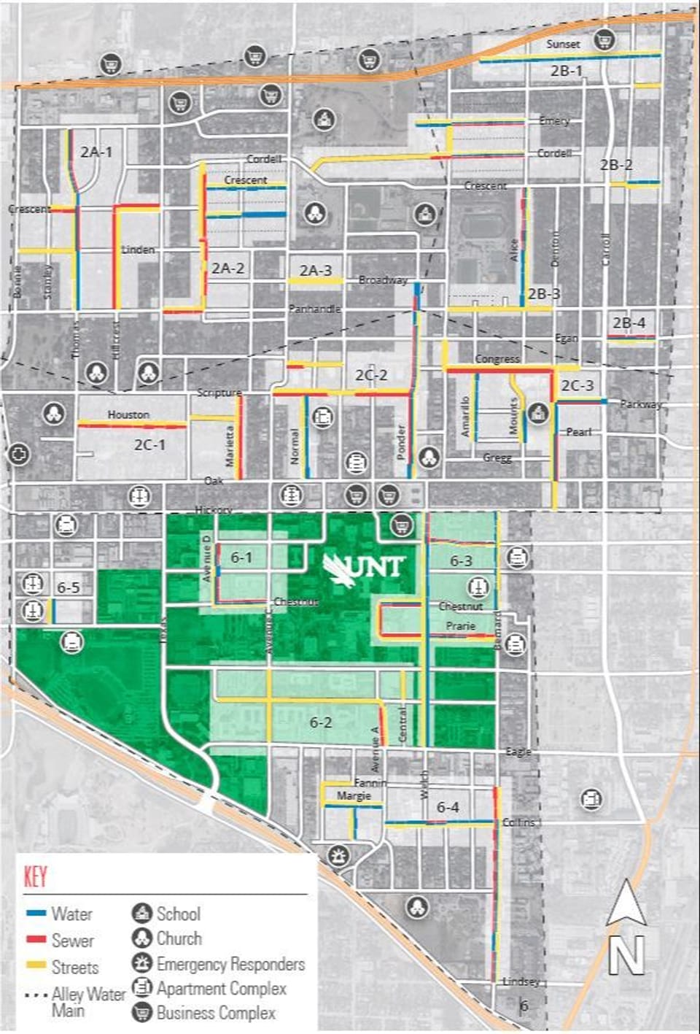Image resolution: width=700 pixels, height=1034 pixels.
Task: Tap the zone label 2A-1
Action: coord(96,152)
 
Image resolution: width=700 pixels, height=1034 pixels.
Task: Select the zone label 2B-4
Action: coord(629,323)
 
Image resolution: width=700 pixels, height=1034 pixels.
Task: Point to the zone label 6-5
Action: coord(68,587)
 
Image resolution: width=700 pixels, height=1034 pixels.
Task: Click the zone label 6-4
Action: coord(448,807)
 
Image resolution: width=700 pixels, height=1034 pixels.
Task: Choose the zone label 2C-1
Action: coord(149,444)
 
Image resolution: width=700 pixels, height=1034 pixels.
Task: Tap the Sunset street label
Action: coord(563,45)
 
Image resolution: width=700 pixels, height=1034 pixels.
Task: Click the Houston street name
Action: coord(128,414)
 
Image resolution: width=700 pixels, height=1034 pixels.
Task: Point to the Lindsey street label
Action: coord(521,981)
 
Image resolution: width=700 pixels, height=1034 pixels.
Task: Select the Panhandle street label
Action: coord(314,309)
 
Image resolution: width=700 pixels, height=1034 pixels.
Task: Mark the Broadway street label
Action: coord(383,280)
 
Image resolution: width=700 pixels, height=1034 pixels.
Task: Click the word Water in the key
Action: coord(71,914)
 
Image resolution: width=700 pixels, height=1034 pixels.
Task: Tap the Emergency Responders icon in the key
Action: coord(141,963)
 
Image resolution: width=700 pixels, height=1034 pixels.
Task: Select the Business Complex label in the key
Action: coord(216,1013)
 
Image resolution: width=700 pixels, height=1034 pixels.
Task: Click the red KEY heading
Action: coord(36,876)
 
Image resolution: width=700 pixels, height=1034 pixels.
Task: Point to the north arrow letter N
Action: coord(626,955)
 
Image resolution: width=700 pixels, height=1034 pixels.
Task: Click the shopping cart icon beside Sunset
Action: coord(604,40)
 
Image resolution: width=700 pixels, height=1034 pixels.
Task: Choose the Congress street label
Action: coord(497,359)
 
